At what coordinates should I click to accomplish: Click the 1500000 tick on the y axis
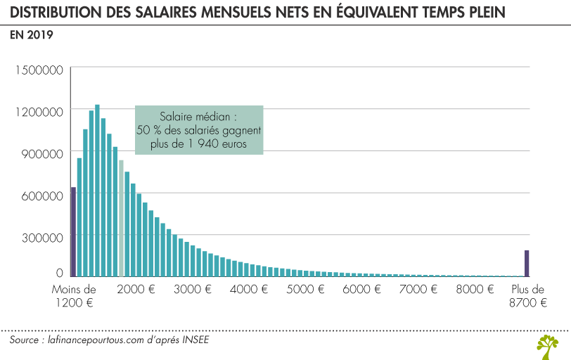(39, 70)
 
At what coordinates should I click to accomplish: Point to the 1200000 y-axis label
(39, 111)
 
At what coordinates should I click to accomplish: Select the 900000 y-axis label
(42, 153)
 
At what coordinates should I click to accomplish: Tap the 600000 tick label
(42, 194)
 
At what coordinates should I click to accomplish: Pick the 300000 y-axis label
(42, 236)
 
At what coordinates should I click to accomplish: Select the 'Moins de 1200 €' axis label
(74, 295)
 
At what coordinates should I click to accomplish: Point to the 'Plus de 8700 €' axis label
(527, 295)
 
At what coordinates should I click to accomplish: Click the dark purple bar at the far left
(73, 232)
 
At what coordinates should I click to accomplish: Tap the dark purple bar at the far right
(526, 264)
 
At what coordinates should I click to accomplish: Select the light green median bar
(121, 219)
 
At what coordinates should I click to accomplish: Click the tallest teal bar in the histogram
(97, 191)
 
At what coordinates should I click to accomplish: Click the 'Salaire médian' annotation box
(199, 129)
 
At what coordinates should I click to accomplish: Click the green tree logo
(548, 346)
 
